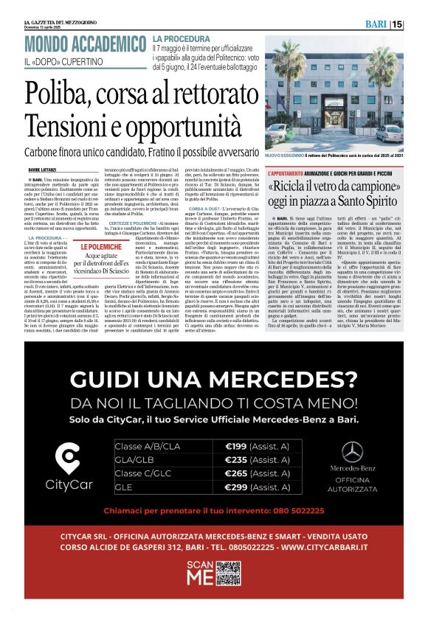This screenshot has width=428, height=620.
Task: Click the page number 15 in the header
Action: tap(418, 24)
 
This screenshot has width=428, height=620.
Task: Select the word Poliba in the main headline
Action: tap(60, 94)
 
